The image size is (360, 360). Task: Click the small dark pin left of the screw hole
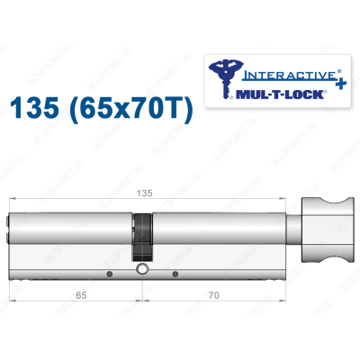[x=107, y=272]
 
